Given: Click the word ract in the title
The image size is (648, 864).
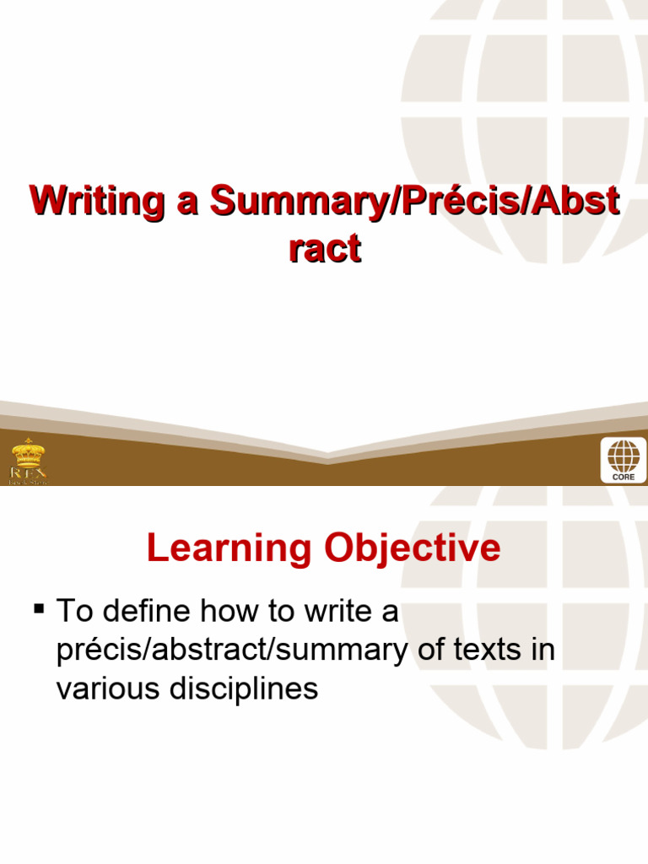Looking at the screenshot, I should click(x=324, y=248).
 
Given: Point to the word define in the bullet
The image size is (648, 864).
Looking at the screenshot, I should click(x=152, y=611).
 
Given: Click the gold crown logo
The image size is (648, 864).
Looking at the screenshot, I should click(x=27, y=453).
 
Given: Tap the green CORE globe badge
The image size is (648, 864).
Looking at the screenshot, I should click(x=624, y=460).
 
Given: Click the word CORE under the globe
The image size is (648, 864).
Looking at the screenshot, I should click(x=624, y=477).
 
